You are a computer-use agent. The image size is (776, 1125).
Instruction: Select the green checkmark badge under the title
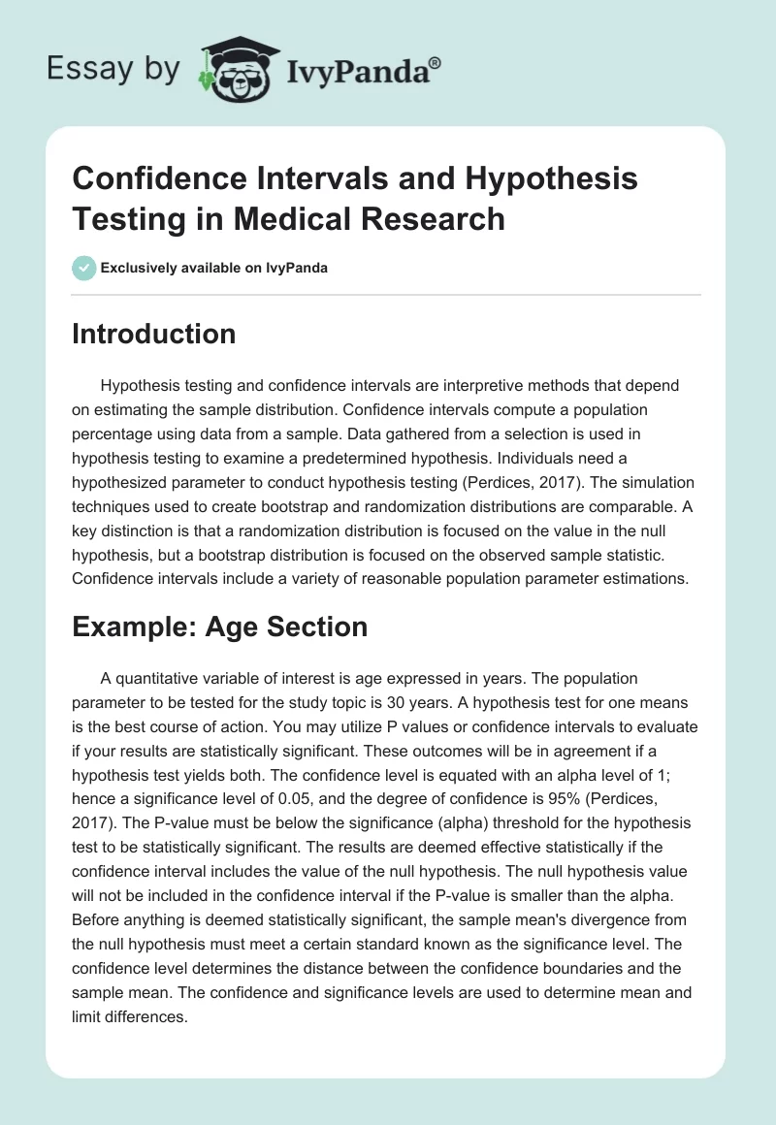click(x=84, y=268)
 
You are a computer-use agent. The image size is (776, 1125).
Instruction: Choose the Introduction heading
click(x=154, y=334)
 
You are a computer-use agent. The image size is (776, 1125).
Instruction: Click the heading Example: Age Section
click(x=220, y=627)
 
